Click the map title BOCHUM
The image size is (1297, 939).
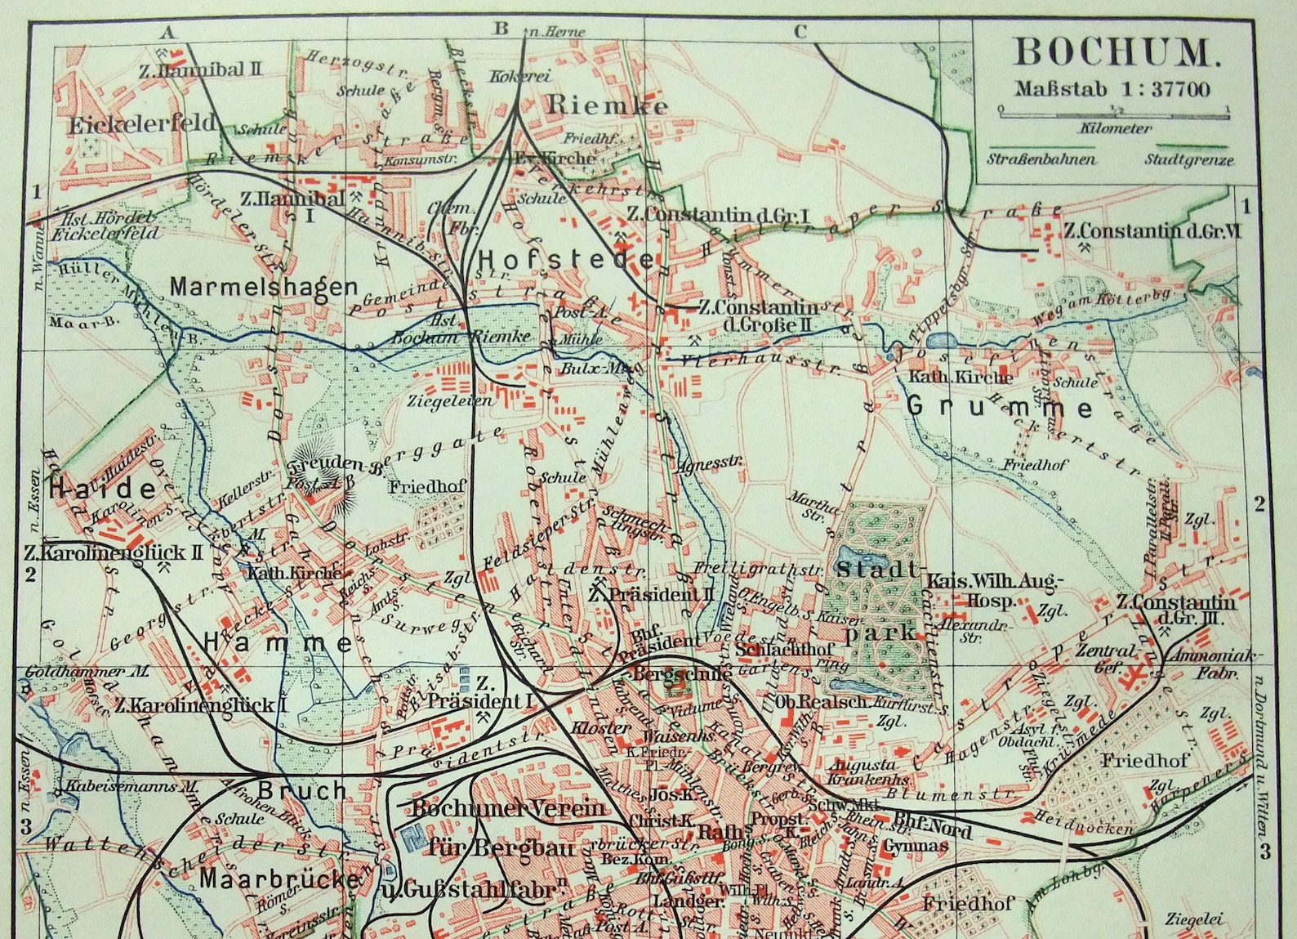pos(1116,53)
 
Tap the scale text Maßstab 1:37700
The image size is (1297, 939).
pos(1112,89)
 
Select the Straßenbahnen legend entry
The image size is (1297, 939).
pos(1041,159)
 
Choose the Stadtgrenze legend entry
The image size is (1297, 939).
pos(1188,160)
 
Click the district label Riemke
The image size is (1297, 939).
pos(607,105)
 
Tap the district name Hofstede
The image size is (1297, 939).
pos(565,260)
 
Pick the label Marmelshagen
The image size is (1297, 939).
pos(264,287)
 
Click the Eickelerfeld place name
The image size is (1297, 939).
pos(142,125)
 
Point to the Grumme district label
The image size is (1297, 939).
pos(1000,406)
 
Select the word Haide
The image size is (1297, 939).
pos(103,490)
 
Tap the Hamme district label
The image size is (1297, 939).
pos(278,643)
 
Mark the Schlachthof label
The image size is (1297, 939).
pos(785,649)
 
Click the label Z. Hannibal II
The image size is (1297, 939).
pos(201,70)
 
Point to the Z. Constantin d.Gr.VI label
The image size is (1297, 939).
pos(1152,231)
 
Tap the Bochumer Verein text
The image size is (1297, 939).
pos(507,809)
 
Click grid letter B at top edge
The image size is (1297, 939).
pos(501,29)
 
